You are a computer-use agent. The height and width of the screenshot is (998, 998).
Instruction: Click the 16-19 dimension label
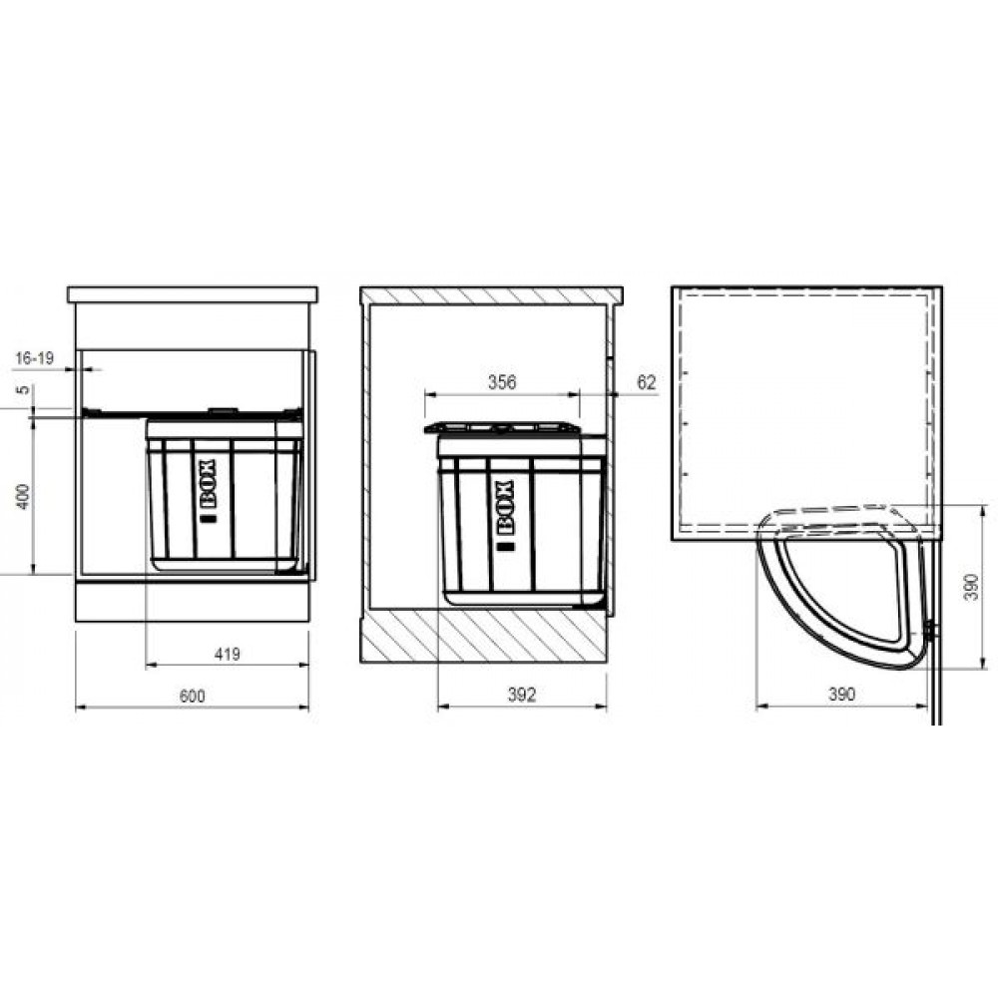(x=34, y=357)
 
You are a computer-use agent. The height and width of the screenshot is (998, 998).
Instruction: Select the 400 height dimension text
(x=23, y=496)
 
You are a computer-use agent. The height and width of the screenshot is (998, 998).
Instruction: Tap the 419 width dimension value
(x=228, y=654)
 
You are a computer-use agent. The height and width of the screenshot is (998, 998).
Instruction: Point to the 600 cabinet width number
(x=192, y=696)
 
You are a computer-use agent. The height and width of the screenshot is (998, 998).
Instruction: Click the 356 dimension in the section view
(x=502, y=382)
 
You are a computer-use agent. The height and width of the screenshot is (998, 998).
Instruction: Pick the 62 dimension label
(x=646, y=382)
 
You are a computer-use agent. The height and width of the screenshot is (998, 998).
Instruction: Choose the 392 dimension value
(x=521, y=695)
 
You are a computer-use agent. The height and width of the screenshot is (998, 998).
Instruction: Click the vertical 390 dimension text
(x=971, y=587)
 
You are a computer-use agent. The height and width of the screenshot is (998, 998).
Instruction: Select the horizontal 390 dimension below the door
(x=840, y=694)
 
